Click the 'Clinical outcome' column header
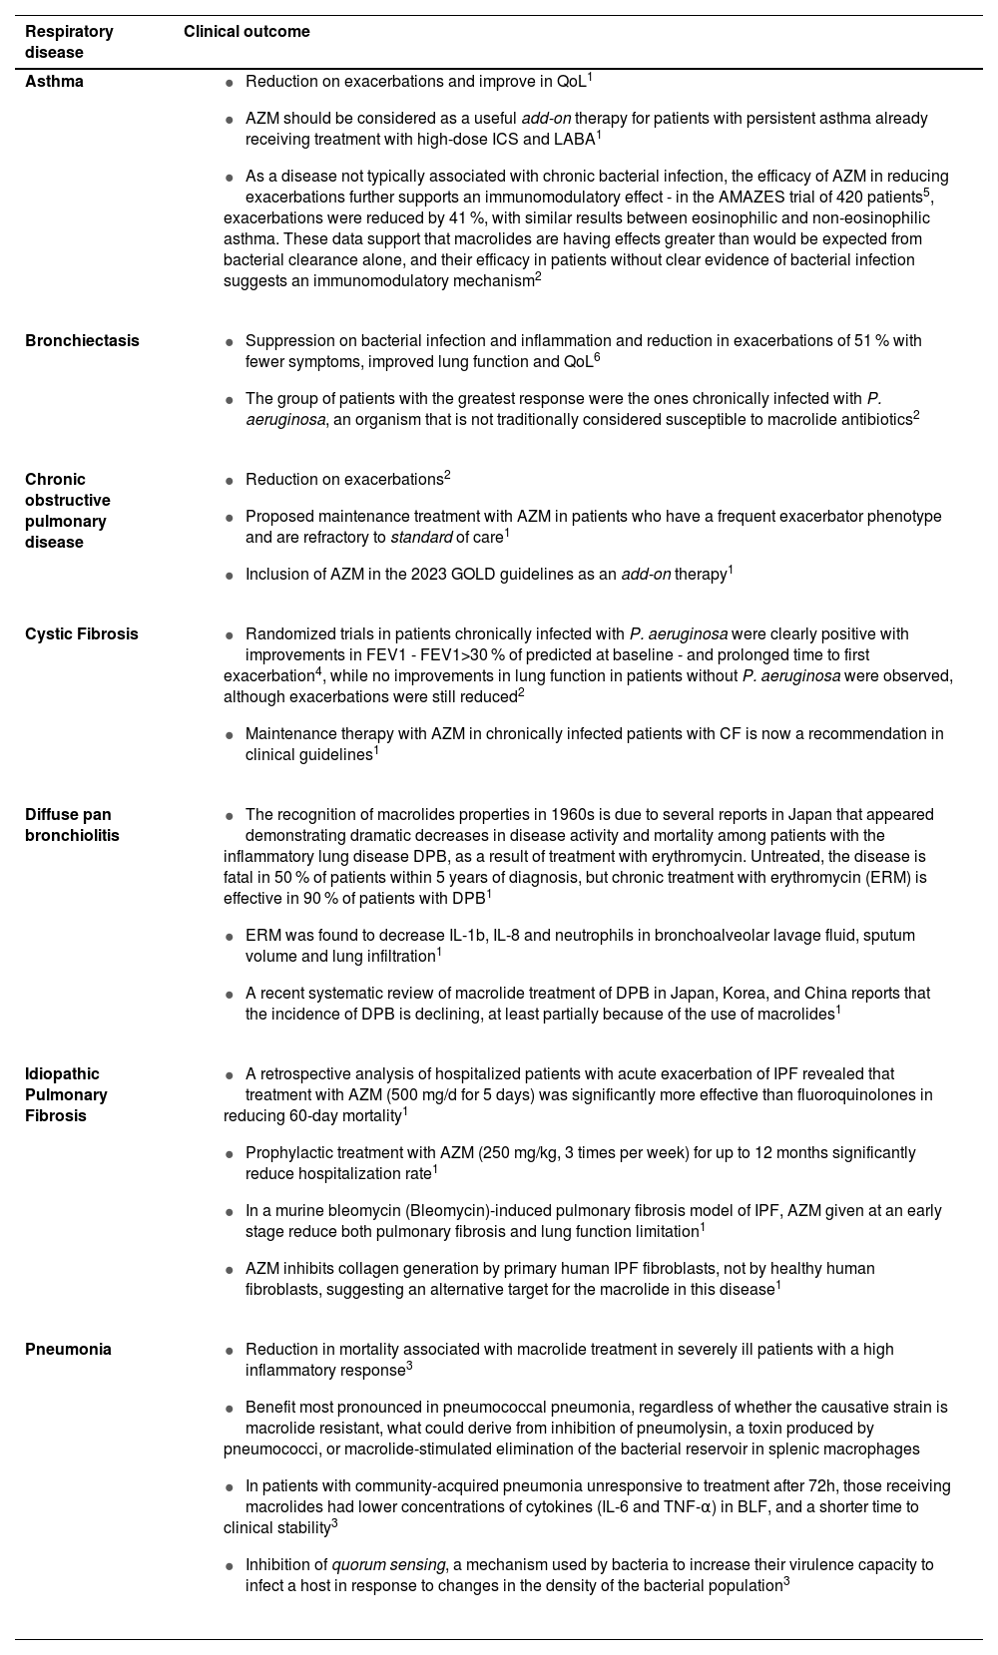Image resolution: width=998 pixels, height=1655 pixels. pyautogui.click(x=247, y=32)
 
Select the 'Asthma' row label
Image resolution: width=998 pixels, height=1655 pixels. pyautogui.click(x=54, y=82)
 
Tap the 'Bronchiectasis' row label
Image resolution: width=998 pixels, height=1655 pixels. pyautogui.click(x=82, y=341)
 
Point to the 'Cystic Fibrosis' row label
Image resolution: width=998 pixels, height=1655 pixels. pyautogui.click(x=82, y=634)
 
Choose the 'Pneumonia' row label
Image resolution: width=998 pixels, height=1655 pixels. pyautogui.click(x=68, y=1350)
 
